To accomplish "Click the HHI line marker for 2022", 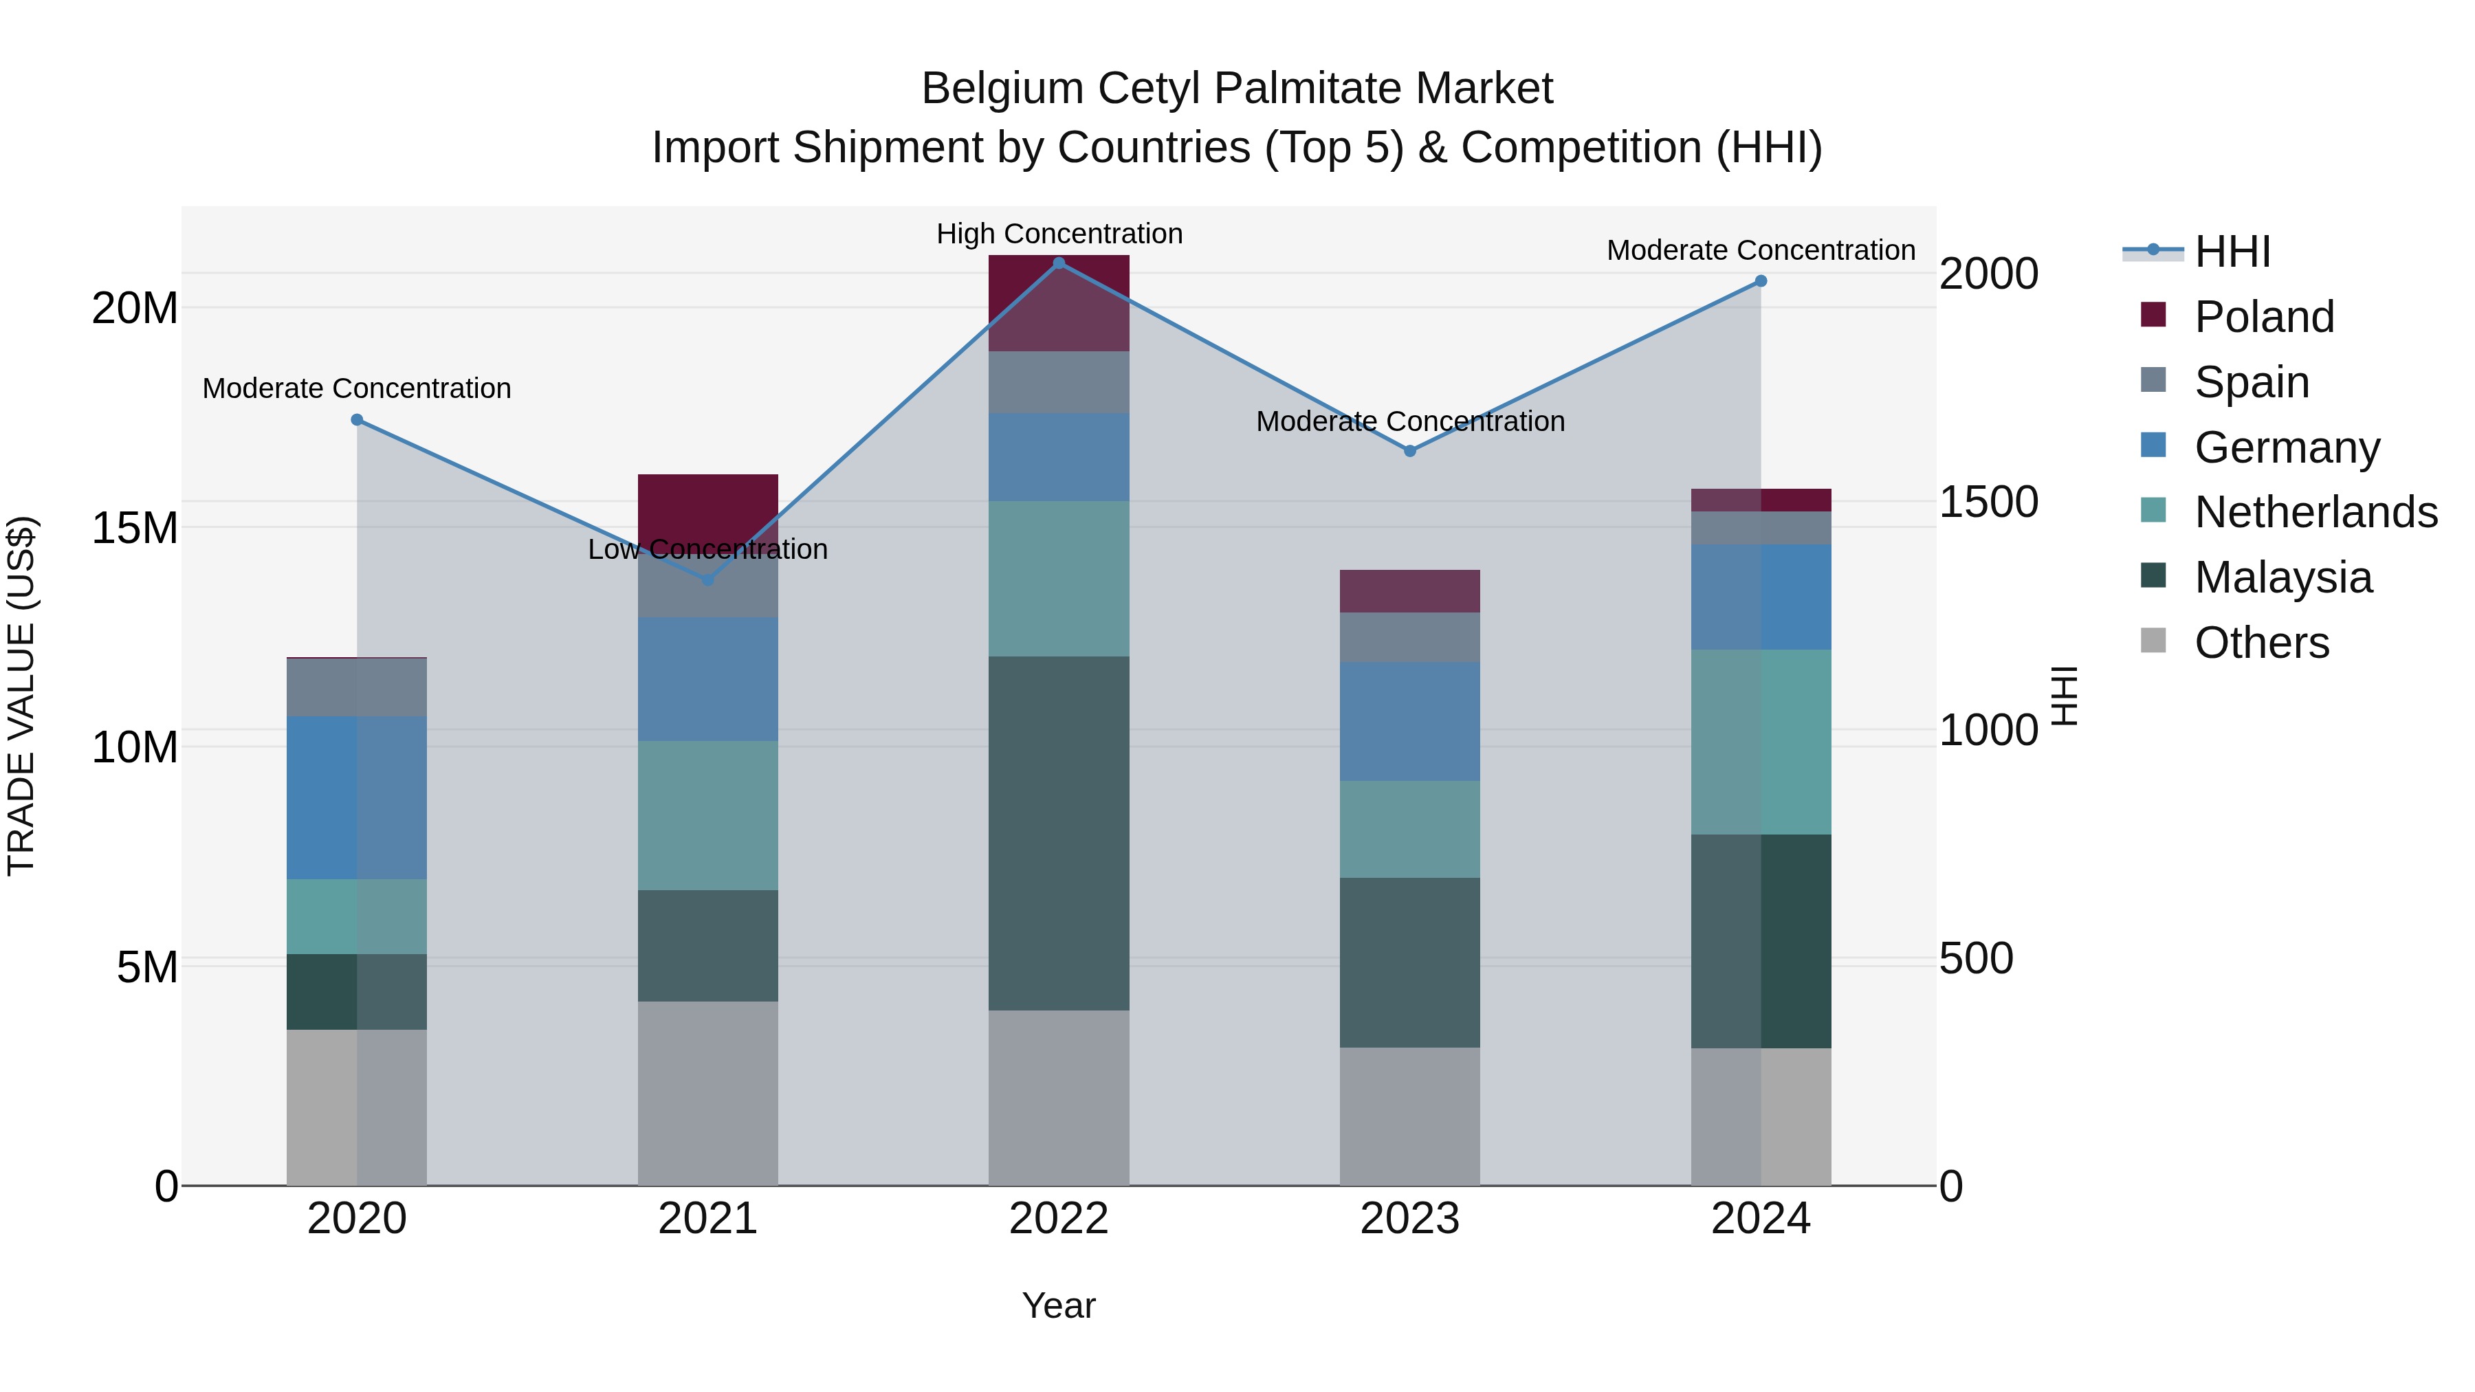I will (x=1059, y=263).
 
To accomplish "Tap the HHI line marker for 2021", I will (x=708, y=579).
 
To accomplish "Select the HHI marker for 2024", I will (x=1760, y=281).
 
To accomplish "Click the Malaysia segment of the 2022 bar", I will (x=1059, y=833).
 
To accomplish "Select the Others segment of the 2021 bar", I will (x=708, y=1093).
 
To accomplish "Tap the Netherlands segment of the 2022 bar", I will (x=1059, y=578).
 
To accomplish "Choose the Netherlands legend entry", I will (x=2315, y=512).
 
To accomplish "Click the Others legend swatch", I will (x=2153, y=641).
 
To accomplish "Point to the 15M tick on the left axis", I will (x=135, y=527).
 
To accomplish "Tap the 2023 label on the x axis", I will (x=1409, y=1219).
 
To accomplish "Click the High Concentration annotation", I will (x=1059, y=234).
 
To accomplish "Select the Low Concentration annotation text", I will (x=708, y=549).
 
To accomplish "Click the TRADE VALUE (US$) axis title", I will (x=21, y=696).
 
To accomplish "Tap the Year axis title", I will (x=1059, y=1305).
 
